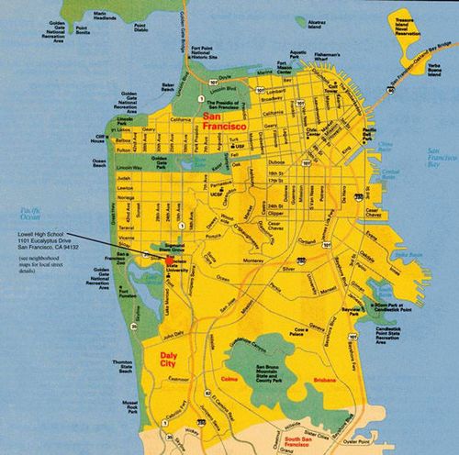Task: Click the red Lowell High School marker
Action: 168,261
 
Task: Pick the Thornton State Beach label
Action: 122,367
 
